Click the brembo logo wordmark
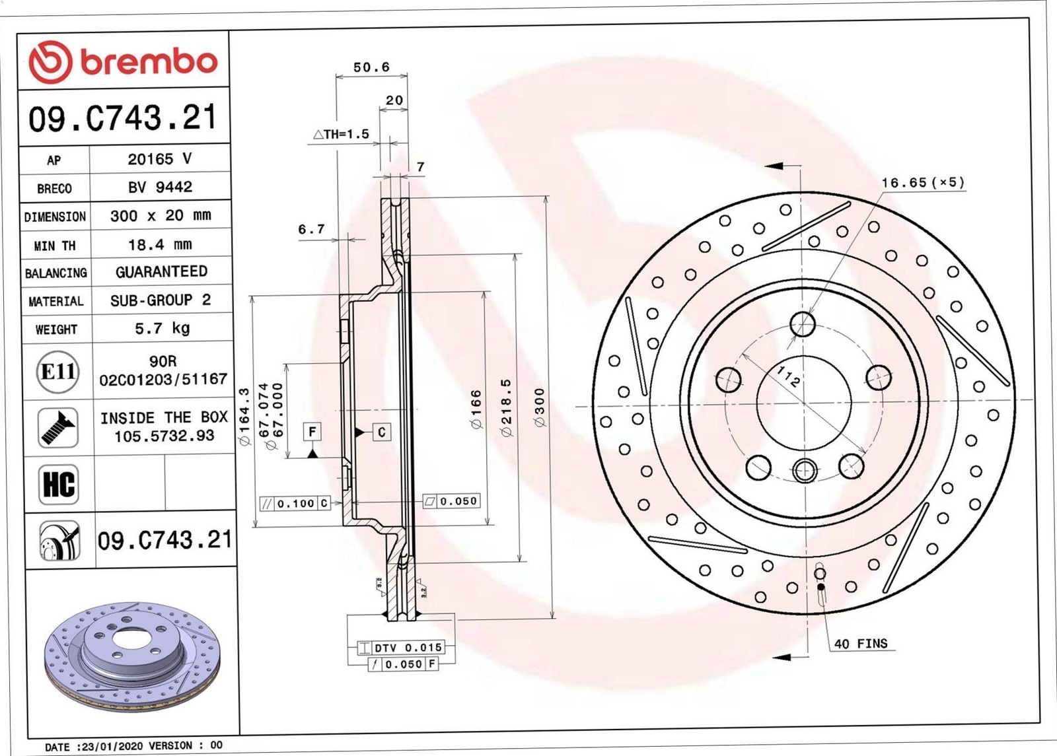(x=149, y=62)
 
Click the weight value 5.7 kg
(x=162, y=328)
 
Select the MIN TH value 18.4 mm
(x=160, y=244)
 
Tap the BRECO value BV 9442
(x=160, y=188)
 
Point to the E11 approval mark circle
(x=58, y=372)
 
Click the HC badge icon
(x=59, y=484)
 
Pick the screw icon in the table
(x=58, y=428)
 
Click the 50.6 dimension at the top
(x=371, y=67)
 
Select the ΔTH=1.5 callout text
(x=341, y=134)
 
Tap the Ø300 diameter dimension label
(x=540, y=407)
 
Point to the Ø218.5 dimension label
(x=507, y=407)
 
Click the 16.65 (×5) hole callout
(x=923, y=182)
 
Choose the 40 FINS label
(x=861, y=643)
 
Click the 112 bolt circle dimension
(x=787, y=376)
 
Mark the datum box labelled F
(x=312, y=432)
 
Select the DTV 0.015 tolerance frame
(x=401, y=648)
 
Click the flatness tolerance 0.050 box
(x=451, y=502)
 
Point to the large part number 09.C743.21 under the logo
(x=123, y=118)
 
